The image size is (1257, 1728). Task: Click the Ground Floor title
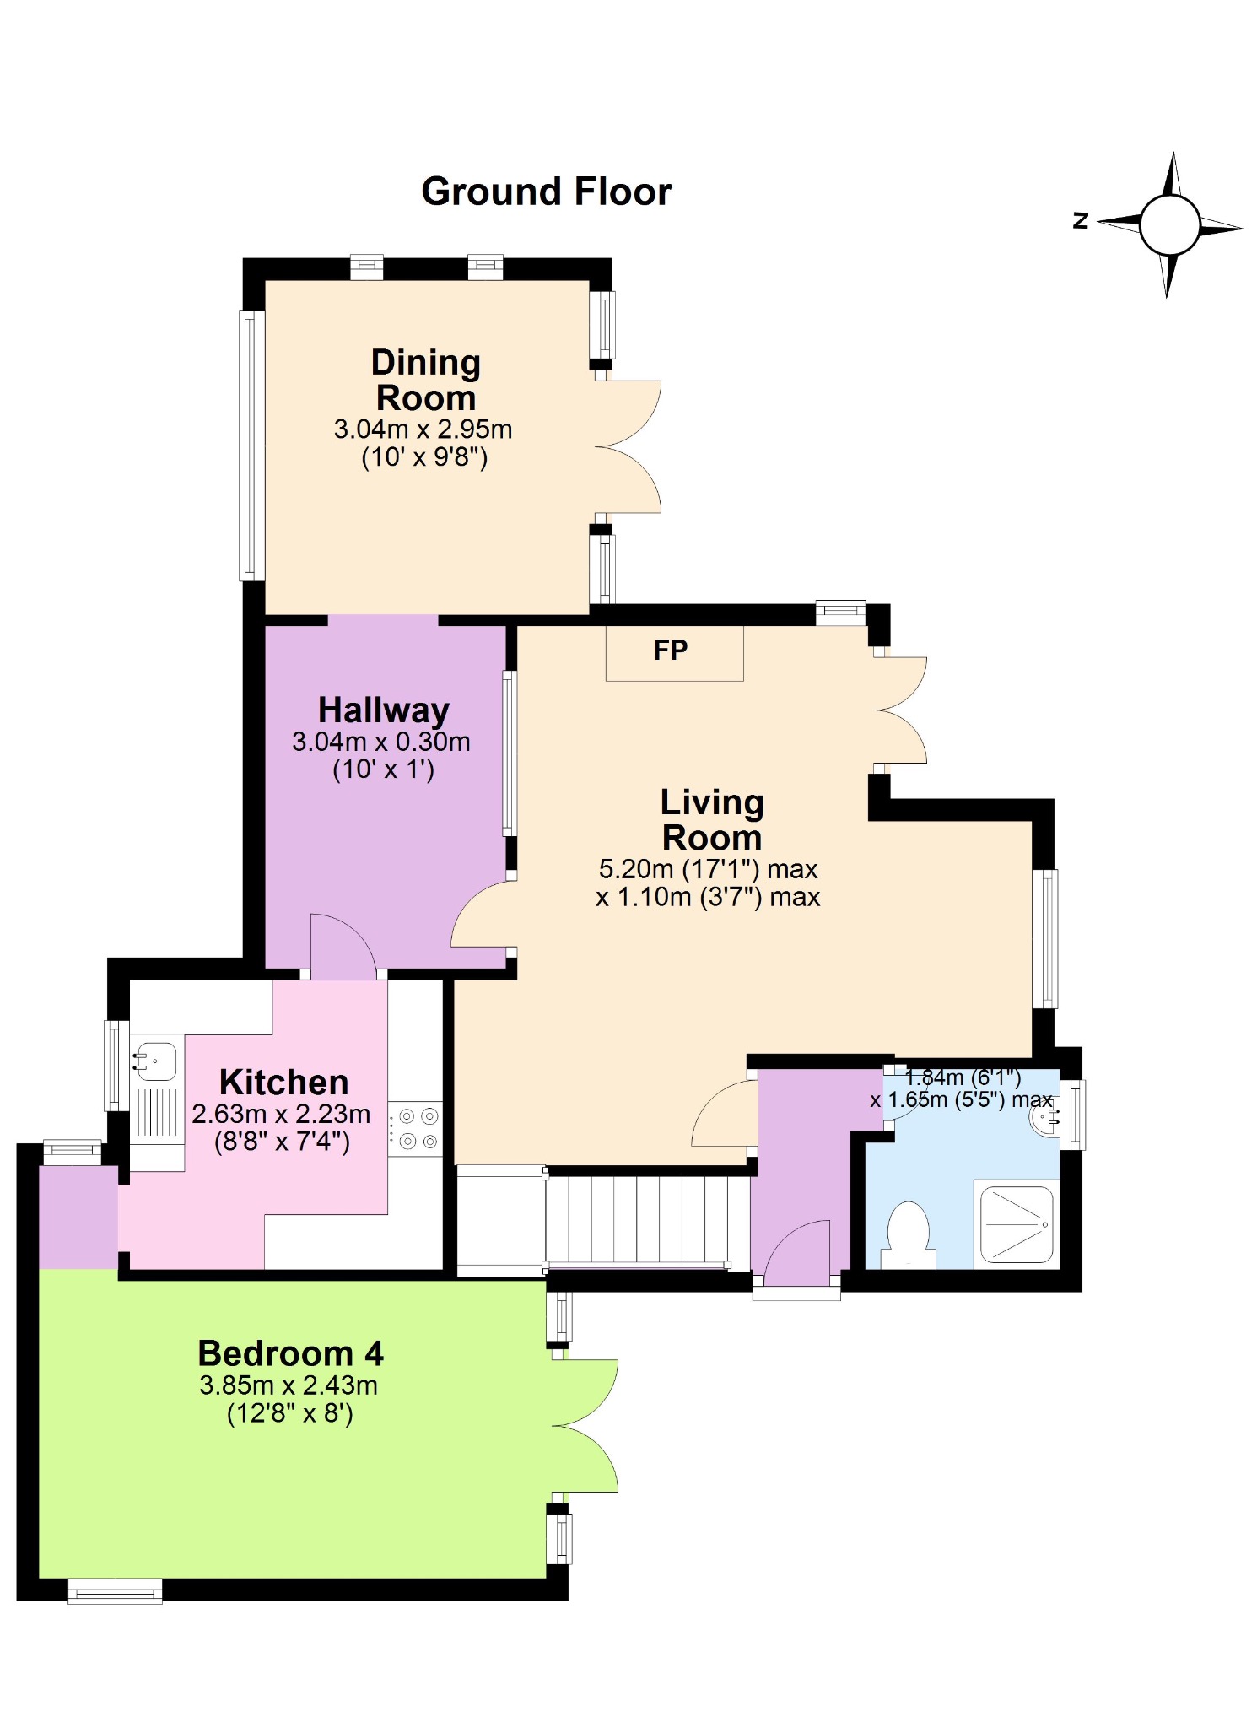(546, 192)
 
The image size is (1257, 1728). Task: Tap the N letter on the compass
(1081, 221)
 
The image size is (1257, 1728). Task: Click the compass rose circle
(1169, 225)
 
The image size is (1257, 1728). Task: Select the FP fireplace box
(674, 652)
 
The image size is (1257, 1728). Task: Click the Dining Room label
(426, 380)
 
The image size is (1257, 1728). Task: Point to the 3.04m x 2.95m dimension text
(423, 429)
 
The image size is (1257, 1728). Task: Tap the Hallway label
(384, 710)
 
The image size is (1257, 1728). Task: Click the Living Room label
(712, 820)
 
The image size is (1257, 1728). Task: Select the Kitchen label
(283, 1083)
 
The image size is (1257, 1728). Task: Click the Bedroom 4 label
(290, 1353)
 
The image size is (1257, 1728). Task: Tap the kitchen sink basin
(157, 1061)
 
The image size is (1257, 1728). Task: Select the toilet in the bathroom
(909, 1233)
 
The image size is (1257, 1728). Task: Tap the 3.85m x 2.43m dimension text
(289, 1385)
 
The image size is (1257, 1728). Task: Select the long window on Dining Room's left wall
(251, 445)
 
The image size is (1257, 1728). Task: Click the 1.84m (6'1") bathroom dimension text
(963, 1077)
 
